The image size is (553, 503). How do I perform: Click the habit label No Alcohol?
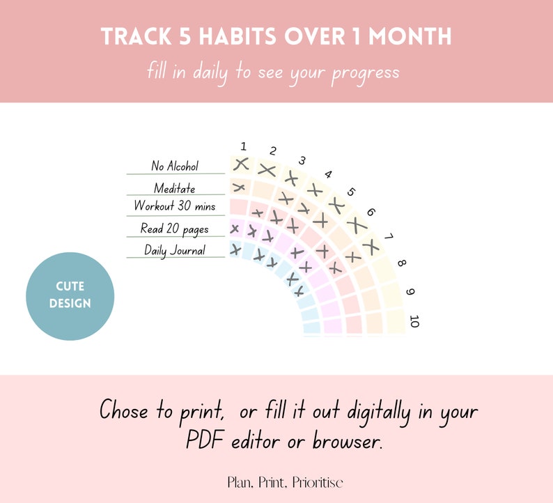tap(175, 167)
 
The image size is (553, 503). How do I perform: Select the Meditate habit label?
tap(175, 188)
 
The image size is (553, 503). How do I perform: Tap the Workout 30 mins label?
tap(175, 206)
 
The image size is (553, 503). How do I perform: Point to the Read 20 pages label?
tap(175, 229)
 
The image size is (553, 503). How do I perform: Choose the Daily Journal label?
tap(175, 250)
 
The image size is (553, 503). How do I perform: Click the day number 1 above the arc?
tap(244, 146)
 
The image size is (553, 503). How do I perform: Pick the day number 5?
tap(351, 192)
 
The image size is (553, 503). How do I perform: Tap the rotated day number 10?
tap(415, 321)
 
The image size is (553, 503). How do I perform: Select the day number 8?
tap(402, 263)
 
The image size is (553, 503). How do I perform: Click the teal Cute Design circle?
tap(70, 296)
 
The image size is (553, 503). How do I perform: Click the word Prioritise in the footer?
tap(318, 482)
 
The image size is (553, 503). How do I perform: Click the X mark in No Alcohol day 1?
tap(241, 165)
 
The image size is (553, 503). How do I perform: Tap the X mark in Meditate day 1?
tap(238, 187)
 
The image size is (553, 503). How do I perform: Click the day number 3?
tap(302, 161)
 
